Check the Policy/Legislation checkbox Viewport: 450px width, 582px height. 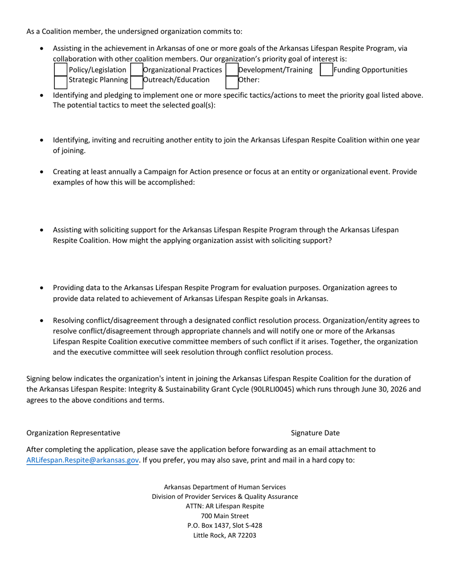61,70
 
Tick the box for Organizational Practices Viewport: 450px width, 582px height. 136,70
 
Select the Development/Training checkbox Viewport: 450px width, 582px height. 232,70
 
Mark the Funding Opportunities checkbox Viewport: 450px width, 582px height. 327,70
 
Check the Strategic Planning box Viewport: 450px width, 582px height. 61,81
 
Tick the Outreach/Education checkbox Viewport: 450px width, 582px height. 136,81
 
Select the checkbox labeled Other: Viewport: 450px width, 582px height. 232,81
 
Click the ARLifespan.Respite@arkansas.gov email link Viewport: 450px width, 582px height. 82,460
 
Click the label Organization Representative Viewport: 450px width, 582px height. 73,433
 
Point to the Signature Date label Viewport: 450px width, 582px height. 315,433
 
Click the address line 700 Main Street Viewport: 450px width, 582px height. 225,516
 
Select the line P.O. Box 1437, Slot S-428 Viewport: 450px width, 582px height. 225,526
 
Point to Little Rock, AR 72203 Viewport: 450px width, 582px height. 225,536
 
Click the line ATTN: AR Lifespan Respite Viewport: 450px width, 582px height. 225,506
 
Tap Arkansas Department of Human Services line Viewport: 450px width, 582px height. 225,487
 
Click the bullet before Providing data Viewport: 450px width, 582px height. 42,288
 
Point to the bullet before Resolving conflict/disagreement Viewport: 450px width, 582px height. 42,320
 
